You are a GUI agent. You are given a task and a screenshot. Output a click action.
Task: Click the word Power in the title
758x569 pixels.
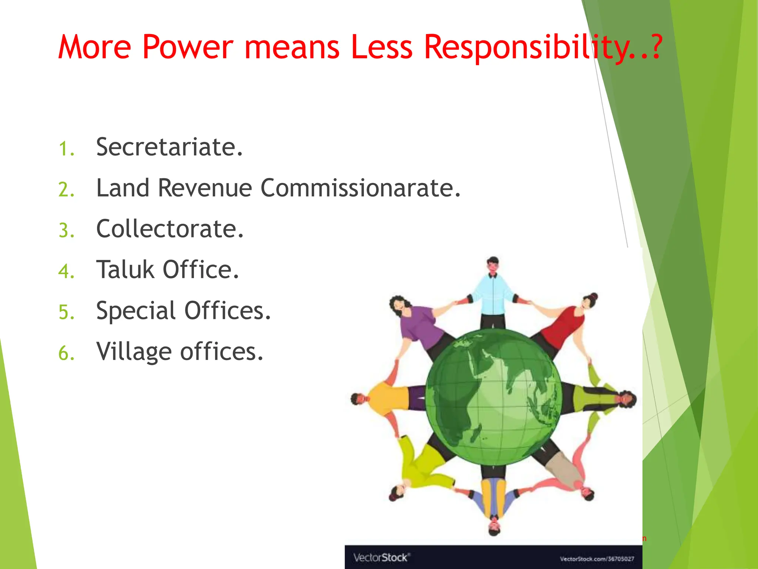188,47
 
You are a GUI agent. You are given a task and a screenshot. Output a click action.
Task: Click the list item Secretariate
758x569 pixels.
169,147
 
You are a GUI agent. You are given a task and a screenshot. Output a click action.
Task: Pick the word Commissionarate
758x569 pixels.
361,188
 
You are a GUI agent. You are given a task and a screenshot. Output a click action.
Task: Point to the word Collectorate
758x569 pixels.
170,229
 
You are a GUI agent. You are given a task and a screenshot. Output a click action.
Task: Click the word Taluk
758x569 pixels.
125,269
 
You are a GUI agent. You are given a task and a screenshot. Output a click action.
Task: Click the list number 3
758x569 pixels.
66,230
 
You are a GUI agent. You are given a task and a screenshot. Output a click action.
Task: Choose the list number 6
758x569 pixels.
66,353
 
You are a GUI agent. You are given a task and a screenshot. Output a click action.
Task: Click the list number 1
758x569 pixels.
66,149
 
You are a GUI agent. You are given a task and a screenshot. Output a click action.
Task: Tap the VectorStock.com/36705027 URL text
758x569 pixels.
597,559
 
